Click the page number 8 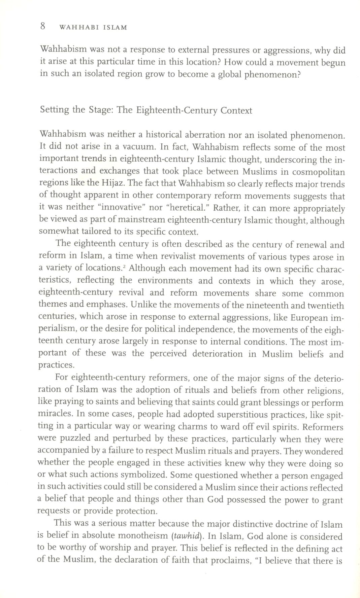tap(43, 26)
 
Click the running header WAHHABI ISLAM tap(93, 28)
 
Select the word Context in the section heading tap(236, 111)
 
